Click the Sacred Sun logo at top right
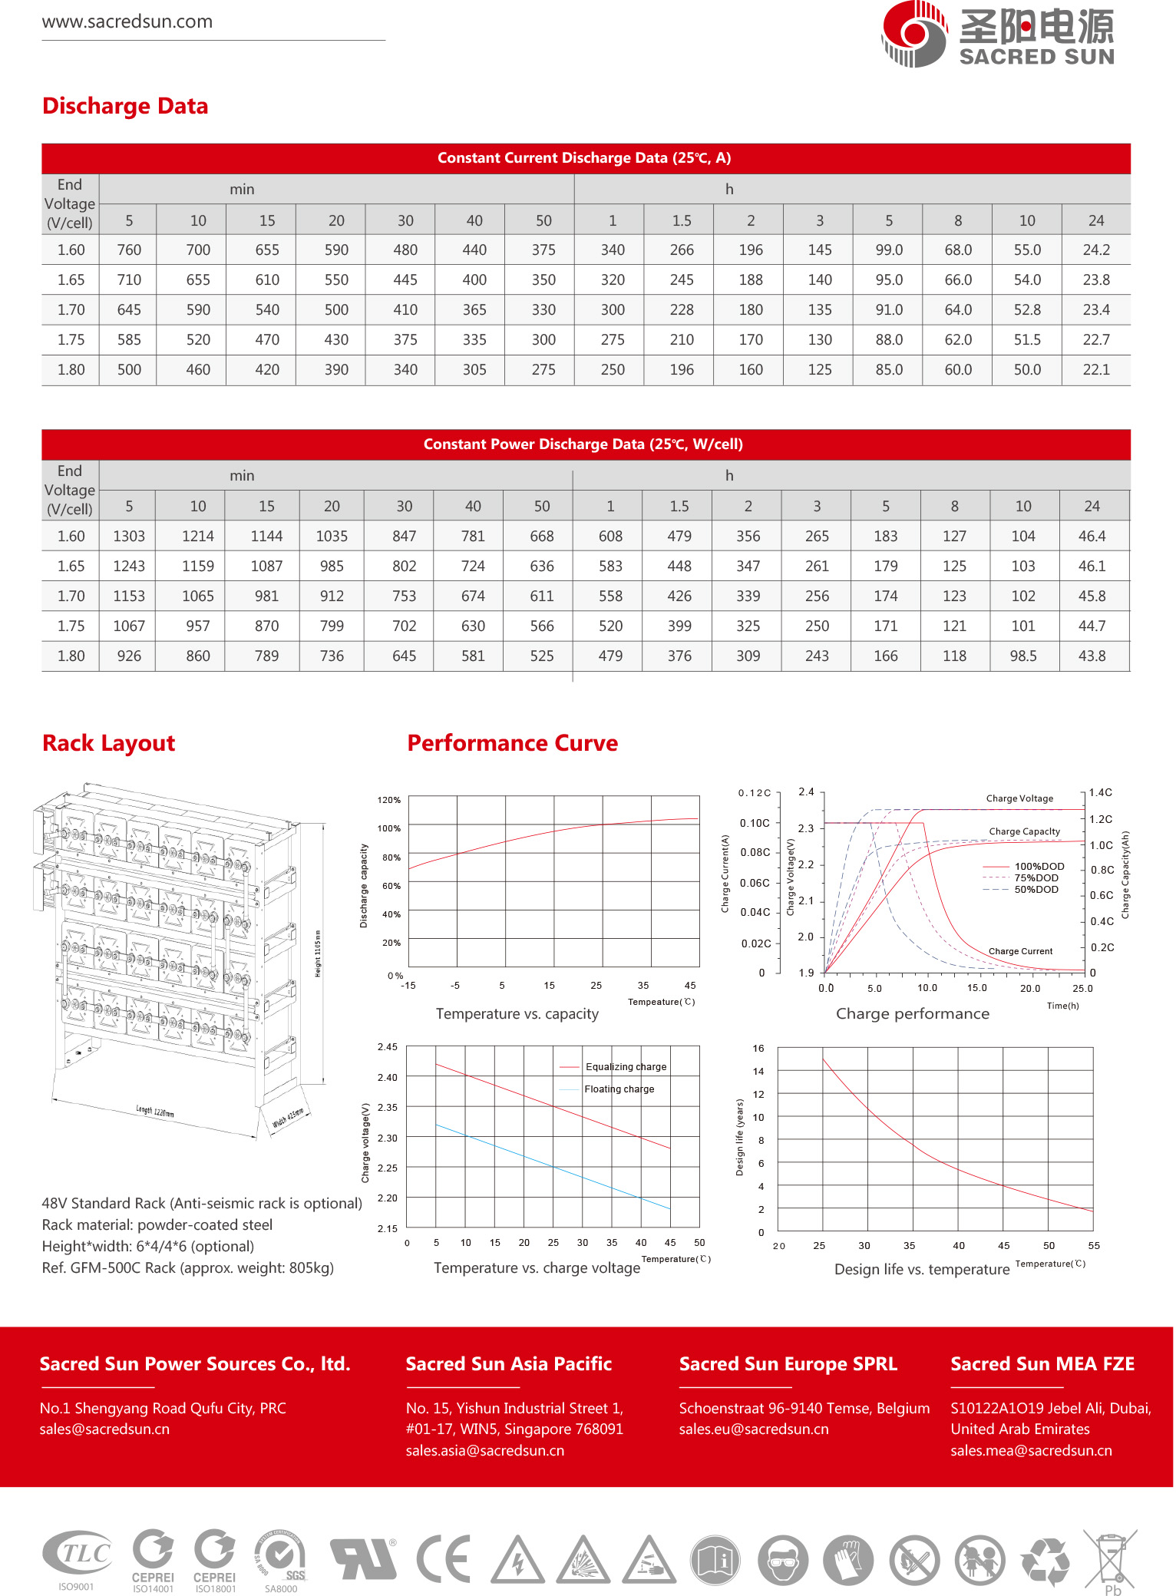(997, 35)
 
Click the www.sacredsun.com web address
(127, 21)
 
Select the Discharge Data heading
(125, 106)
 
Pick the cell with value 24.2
(1095, 249)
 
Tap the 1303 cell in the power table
(129, 536)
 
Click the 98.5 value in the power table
(1022, 656)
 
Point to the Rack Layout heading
(109, 743)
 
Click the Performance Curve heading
(512, 743)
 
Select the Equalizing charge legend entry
(625, 1066)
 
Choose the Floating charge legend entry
(619, 1089)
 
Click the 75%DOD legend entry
(1036, 877)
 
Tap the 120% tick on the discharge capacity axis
(389, 800)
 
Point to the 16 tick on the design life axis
(758, 1048)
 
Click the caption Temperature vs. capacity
(517, 1013)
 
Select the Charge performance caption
(912, 1013)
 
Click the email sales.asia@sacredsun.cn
(484, 1450)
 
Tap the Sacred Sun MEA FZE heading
(1042, 1363)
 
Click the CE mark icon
(444, 1558)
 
